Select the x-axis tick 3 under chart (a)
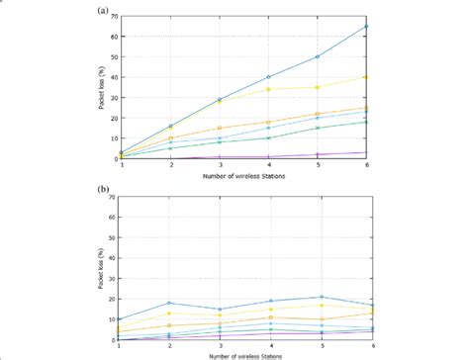[x=220, y=164]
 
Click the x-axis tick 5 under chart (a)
[x=318, y=164]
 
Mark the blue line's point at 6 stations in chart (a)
[x=366, y=27]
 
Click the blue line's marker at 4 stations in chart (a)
[x=268, y=76]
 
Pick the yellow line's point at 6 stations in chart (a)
[x=366, y=77]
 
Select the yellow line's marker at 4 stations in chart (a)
[x=268, y=89]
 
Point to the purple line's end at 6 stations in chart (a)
[x=366, y=151]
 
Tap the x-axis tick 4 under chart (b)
[x=268, y=346]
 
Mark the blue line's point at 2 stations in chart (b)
[x=170, y=303]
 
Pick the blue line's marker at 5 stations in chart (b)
[x=318, y=297]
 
